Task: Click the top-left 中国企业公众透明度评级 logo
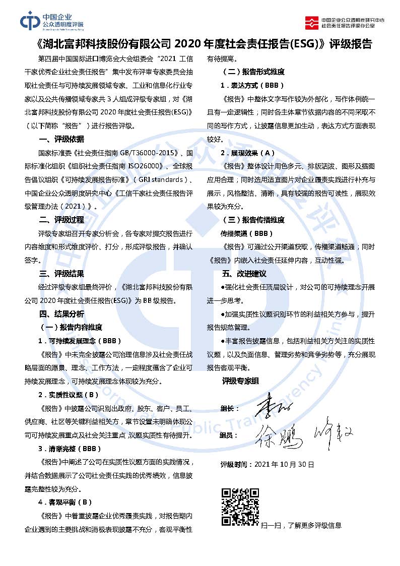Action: point(52,21)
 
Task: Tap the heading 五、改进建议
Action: point(244,274)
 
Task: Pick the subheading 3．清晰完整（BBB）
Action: point(70,449)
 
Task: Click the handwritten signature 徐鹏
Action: point(279,434)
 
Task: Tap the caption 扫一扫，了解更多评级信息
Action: point(301,525)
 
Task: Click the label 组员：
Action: point(230,435)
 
